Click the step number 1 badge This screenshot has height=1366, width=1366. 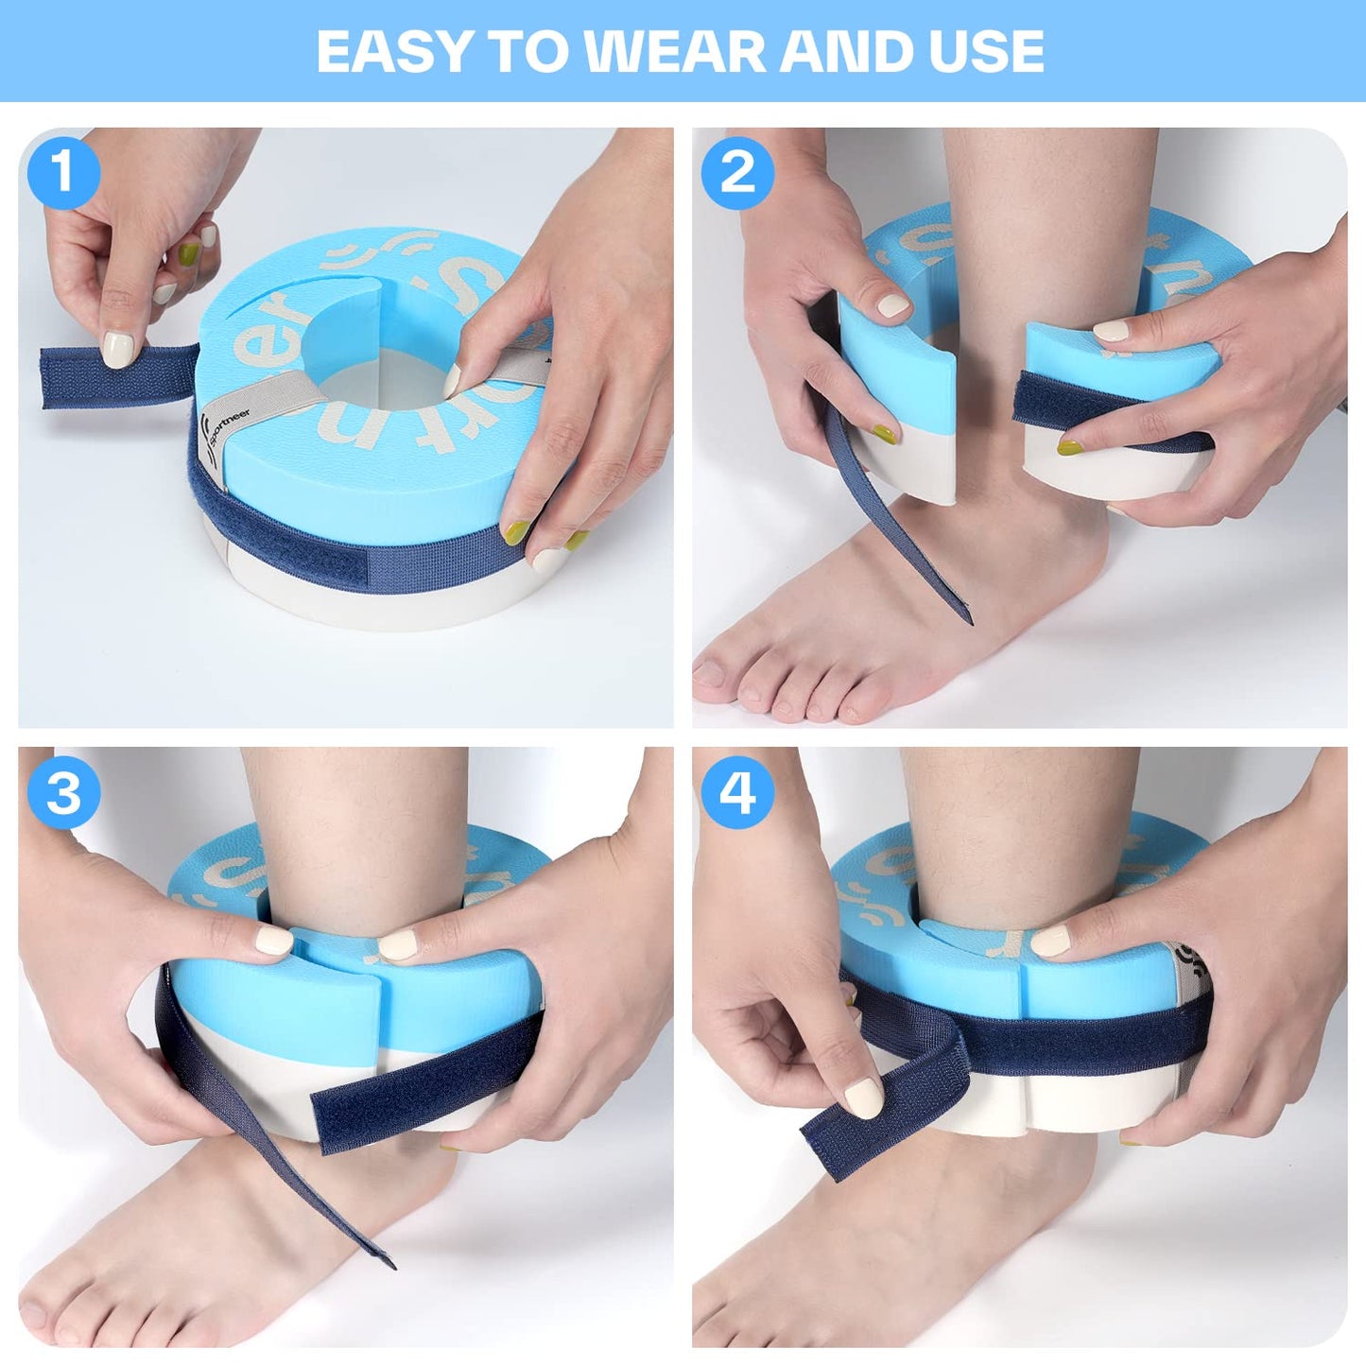coord(63,173)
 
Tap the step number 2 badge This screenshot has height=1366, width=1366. coord(737,173)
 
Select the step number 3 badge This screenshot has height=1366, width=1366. coord(63,792)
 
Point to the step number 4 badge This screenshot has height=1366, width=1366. coord(737,792)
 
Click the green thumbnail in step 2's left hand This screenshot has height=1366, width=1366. coord(883,434)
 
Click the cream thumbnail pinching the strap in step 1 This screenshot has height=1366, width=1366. coord(118,348)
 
